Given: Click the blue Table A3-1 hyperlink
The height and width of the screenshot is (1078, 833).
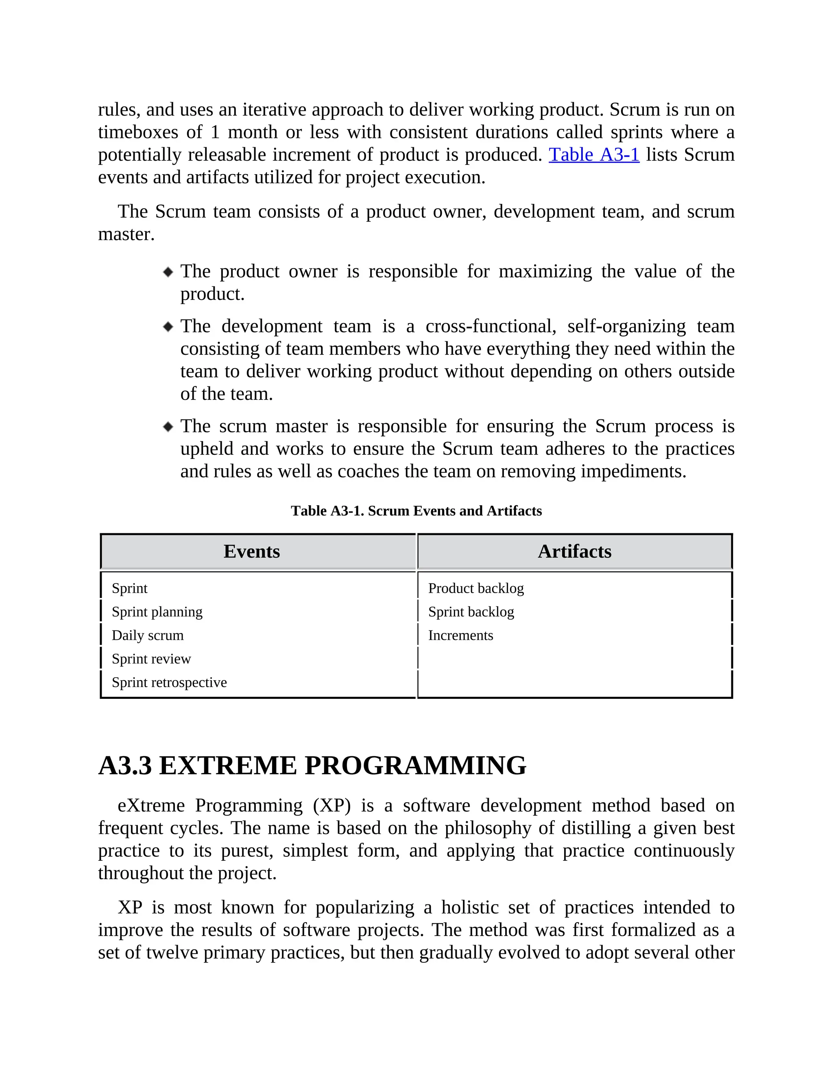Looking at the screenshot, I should (x=594, y=155).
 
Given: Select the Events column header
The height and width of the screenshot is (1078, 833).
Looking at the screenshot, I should (x=252, y=551).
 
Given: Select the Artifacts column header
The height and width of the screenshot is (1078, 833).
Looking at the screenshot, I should (x=574, y=551).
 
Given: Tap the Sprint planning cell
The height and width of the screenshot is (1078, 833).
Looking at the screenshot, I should (x=157, y=612).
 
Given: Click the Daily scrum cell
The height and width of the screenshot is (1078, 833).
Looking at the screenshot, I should (x=148, y=636).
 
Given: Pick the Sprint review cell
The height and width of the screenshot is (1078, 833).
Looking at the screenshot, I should (x=151, y=659).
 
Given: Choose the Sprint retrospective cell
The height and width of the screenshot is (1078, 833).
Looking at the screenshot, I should (x=169, y=683).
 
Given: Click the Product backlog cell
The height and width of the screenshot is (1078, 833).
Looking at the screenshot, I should (x=476, y=588).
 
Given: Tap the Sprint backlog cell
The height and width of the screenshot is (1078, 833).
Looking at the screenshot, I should (x=471, y=612).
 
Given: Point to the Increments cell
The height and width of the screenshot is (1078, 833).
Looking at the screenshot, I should (x=460, y=636).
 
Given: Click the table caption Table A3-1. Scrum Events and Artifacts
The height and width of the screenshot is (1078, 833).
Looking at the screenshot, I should (x=416, y=511).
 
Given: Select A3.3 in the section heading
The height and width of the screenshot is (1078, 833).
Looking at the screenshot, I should (x=125, y=766).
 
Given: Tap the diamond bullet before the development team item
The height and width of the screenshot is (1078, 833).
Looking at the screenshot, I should (x=168, y=327).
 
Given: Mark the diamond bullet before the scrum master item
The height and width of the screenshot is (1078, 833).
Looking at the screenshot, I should (x=168, y=426).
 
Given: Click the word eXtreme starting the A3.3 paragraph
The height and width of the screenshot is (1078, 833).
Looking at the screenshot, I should (x=151, y=805).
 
